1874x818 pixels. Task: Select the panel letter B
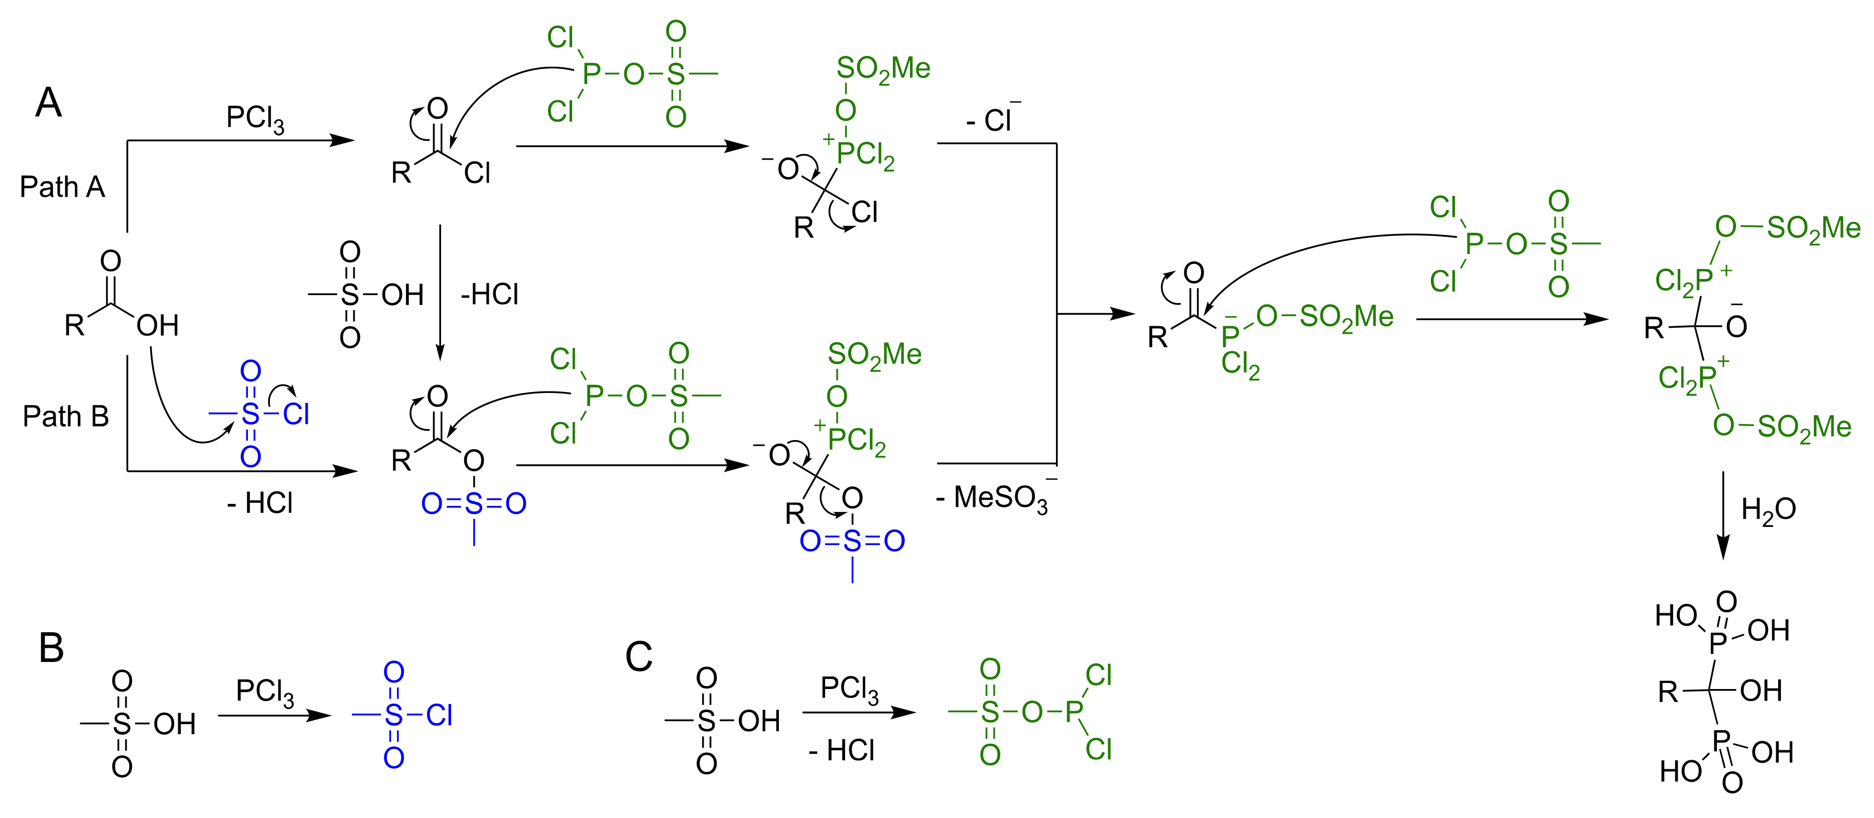pos(51,648)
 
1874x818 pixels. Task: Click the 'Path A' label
pos(63,187)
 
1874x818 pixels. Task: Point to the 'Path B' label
pos(65,417)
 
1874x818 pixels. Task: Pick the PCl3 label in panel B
pos(265,692)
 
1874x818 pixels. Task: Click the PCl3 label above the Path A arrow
pos(254,118)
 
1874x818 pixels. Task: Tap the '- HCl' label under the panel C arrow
pos(842,750)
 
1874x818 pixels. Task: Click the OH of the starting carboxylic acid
pos(157,325)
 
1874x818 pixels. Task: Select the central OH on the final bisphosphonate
pos(1761,691)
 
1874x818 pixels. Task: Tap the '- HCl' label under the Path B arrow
pos(259,503)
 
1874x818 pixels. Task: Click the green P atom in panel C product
pos(1074,712)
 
